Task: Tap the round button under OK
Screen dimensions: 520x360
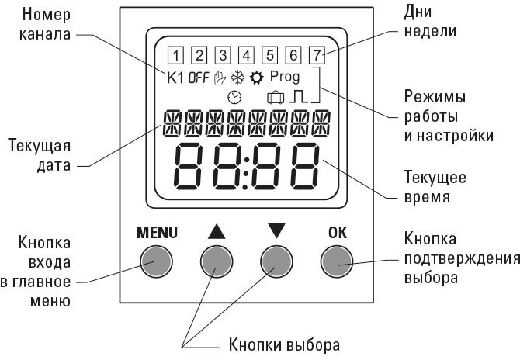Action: [337, 261]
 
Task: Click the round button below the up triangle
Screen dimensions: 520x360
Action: [217, 261]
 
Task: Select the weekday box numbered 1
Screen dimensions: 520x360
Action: [175, 55]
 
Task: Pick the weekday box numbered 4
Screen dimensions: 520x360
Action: [246, 55]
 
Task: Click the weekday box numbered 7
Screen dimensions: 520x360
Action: [317, 55]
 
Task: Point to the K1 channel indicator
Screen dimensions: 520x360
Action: [175, 78]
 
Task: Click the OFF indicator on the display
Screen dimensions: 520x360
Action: [199, 78]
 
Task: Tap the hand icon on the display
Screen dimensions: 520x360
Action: [220, 78]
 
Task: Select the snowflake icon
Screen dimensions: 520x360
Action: [237, 78]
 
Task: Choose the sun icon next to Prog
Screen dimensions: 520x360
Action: [257, 78]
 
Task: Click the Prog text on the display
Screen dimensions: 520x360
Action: [285, 78]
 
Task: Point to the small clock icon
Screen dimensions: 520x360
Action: [234, 98]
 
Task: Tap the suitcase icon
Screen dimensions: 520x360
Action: [276, 98]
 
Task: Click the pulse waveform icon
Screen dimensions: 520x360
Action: [298, 97]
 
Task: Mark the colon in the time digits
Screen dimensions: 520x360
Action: [246, 173]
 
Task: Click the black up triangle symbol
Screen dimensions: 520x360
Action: [217, 231]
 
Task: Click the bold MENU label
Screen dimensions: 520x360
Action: [157, 233]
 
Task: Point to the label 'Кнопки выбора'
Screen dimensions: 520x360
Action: [284, 344]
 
